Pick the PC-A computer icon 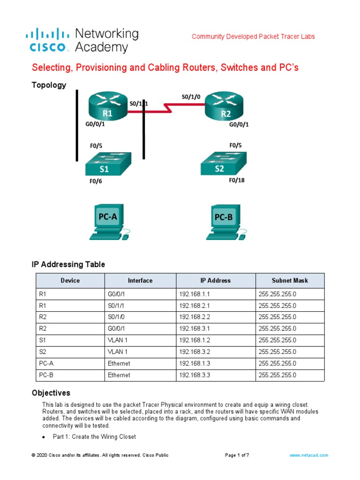[x=109, y=221]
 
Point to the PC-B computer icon [x=225, y=221]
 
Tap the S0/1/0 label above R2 [x=191, y=97]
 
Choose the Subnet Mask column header [x=290, y=280]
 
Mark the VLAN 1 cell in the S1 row [x=118, y=340]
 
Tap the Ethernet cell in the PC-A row [x=119, y=363]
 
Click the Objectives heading [x=51, y=393]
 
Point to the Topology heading [x=49, y=85]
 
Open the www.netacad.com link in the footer [x=308, y=455]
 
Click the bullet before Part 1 [x=44, y=437]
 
